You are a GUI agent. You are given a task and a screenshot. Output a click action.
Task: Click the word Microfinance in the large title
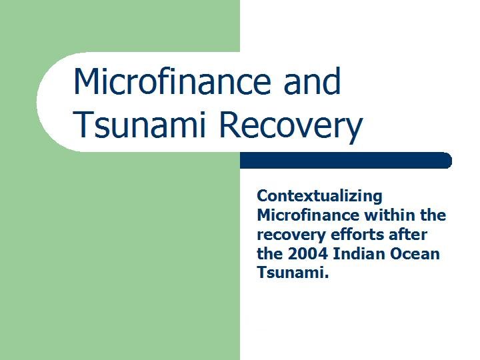coord(172,81)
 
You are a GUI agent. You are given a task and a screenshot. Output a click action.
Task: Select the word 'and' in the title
coord(312,81)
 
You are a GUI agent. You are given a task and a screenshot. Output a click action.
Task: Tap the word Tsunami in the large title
coord(139,125)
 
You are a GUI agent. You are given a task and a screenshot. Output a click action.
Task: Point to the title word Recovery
coord(291,127)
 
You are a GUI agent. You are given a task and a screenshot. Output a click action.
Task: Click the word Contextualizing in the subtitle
coord(319,197)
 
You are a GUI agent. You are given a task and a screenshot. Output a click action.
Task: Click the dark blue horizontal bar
coord(346,161)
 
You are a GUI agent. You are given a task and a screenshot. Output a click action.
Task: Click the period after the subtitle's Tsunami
coord(326,277)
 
